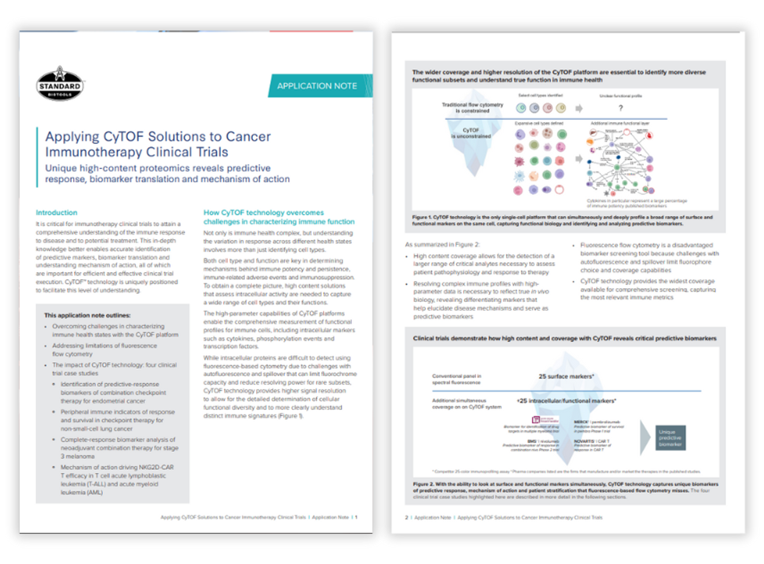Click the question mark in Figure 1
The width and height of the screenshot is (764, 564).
[620, 108]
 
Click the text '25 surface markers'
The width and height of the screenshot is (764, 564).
[566, 376]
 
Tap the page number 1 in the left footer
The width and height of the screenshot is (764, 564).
[356, 517]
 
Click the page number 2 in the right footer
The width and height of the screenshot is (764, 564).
[407, 518]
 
